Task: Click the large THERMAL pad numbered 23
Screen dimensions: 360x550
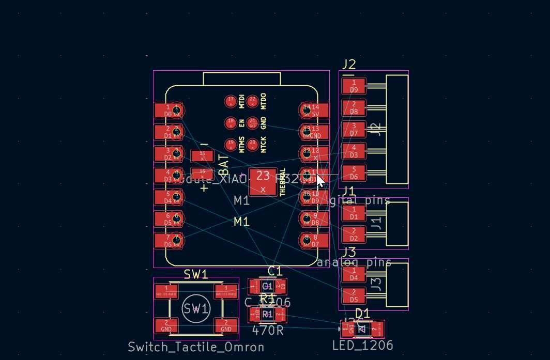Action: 263,181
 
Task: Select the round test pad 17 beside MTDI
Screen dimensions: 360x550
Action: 231,101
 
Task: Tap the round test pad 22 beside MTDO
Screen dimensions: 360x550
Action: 252,101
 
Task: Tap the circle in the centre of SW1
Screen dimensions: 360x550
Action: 196,309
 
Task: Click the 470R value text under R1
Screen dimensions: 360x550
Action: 267,330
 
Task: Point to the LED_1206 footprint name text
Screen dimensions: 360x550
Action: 362,346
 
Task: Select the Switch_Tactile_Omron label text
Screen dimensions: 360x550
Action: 196,347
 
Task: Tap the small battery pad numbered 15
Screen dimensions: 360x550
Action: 202,155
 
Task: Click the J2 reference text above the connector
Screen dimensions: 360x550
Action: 348,64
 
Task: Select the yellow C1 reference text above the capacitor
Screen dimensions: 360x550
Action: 275,271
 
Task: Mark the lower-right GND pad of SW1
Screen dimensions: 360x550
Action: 226,325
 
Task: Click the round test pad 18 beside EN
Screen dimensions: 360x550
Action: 231,123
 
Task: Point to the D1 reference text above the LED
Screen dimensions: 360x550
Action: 362,313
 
